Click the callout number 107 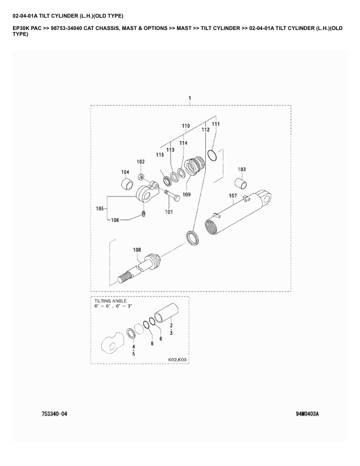[x=232, y=196]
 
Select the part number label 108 [x=136, y=250]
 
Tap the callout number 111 [x=216, y=124]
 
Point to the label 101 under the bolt [x=169, y=212]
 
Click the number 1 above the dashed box [x=189, y=97]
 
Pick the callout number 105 [x=99, y=208]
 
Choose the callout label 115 [x=160, y=154]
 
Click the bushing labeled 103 [x=242, y=180]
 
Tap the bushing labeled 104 [x=126, y=187]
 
